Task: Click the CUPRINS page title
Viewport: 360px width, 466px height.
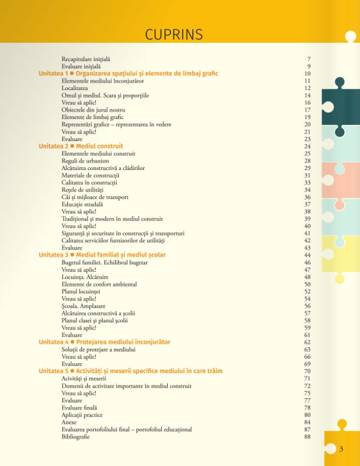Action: [174, 35]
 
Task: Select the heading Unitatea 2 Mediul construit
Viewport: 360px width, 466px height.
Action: [81, 146]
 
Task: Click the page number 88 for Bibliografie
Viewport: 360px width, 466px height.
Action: [307, 437]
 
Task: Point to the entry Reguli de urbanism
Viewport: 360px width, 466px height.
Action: [85, 161]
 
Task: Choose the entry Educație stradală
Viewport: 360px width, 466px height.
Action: [82, 204]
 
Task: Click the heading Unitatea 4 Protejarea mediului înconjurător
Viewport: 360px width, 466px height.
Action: [105, 342]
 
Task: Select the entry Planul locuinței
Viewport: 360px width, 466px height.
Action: [81, 292]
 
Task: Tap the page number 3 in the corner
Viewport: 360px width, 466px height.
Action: [341, 450]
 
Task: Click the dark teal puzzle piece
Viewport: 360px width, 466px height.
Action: [341, 107]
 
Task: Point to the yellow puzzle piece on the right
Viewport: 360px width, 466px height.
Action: [341, 254]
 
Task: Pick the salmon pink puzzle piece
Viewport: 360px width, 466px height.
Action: [341, 180]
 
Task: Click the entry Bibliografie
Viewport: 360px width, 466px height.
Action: [76, 437]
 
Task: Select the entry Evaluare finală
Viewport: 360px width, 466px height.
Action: [79, 408]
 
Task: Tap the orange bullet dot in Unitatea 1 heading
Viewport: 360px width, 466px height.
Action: [72, 73]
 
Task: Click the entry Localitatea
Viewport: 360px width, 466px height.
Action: [75, 88]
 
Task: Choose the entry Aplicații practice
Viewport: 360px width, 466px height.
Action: [82, 415]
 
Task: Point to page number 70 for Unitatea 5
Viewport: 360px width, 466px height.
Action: [307, 371]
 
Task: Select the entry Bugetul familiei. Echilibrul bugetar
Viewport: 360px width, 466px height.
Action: [105, 263]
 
